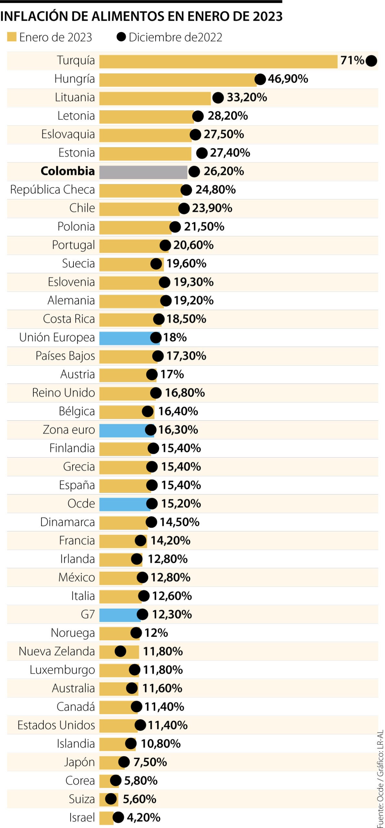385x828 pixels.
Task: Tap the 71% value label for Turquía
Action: [x=352, y=60]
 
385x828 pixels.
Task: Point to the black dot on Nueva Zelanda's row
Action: [x=120, y=651]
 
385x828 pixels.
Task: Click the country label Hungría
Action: [x=74, y=79]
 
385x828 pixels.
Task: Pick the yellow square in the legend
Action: [x=12, y=37]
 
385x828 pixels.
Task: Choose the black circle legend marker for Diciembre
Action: [x=121, y=37]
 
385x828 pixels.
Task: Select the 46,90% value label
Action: [x=288, y=79]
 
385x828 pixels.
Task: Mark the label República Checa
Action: [x=52, y=190]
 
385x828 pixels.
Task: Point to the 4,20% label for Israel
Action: [x=143, y=818]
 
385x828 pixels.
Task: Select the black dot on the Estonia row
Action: [x=202, y=153]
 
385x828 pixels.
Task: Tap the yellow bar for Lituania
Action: [x=155, y=98]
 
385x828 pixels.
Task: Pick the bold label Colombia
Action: [x=68, y=171]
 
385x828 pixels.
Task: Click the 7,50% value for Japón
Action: [x=150, y=762]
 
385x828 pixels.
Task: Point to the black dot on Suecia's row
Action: [x=156, y=264]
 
